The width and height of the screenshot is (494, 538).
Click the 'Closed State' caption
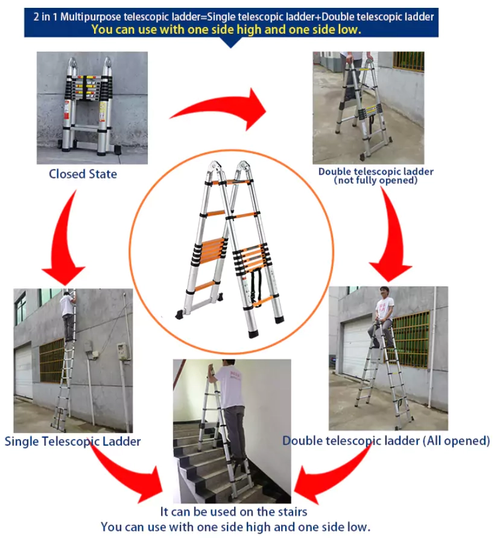pos(83,174)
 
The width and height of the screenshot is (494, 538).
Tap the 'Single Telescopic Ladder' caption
pos(73,441)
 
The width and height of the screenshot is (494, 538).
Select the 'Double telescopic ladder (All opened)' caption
pos(386,441)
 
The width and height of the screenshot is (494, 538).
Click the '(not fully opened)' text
pos(376,180)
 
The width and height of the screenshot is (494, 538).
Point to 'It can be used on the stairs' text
pos(234,512)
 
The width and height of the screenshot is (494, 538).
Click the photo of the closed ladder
pos(92,107)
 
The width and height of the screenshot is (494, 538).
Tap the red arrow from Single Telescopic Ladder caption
pos(124,476)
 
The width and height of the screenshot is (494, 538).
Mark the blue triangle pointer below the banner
pos(232,42)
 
